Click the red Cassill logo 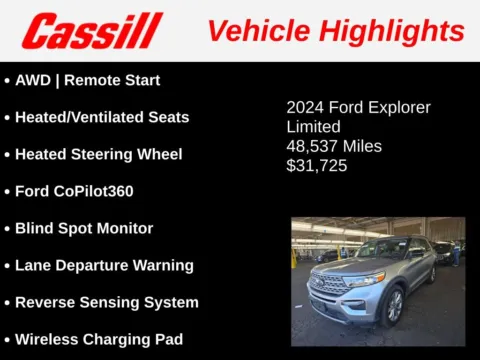coord(92,30)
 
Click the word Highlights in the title coord(400,30)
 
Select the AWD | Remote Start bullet coord(87,80)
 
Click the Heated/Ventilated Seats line coord(101,117)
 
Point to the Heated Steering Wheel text coord(98,154)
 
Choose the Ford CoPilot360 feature coord(74,191)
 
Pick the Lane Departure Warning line coord(104,265)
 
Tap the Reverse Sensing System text coord(106,302)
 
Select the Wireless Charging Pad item coord(98,339)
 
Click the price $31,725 coord(317,166)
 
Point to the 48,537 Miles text coord(334,146)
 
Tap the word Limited coord(313,127)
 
